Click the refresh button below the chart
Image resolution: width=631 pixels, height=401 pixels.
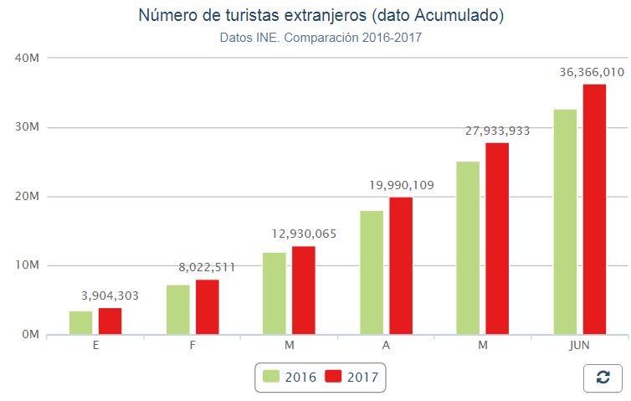click(x=603, y=378)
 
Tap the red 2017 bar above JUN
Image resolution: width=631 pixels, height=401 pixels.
click(x=594, y=209)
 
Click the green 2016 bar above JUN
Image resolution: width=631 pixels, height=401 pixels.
click(x=565, y=222)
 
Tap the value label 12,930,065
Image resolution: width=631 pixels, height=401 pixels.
click(x=303, y=234)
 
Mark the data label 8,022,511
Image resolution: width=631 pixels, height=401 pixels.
click(x=207, y=267)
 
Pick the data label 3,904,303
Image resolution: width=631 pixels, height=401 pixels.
click(x=110, y=296)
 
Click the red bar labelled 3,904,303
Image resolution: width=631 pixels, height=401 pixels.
click(x=110, y=321)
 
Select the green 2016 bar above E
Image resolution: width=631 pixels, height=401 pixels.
click(x=80, y=323)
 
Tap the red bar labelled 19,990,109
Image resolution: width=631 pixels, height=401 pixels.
click(x=400, y=265)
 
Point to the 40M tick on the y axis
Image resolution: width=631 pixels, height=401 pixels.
click(x=28, y=58)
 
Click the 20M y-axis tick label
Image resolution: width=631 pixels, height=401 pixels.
click(x=28, y=196)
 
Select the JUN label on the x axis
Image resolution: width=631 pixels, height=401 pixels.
click(x=579, y=345)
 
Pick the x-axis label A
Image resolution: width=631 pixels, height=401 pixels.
click(x=386, y=345)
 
